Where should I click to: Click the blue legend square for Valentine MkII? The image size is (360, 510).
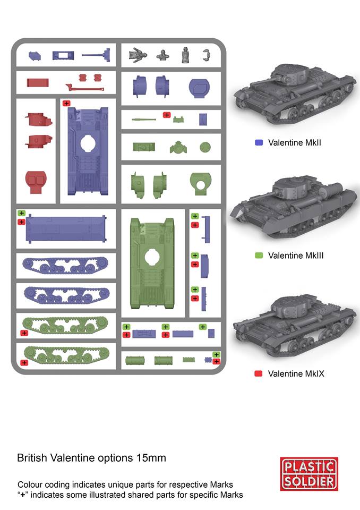pos(259,142)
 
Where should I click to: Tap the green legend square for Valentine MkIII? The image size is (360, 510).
pos(259,256)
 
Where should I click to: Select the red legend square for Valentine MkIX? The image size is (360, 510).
pos(259,373)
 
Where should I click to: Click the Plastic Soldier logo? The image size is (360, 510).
pos(309,473)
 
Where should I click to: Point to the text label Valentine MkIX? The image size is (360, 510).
pos(296,373)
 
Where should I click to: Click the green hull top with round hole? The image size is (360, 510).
pos(152,263)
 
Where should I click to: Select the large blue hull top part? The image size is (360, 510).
pos(88,151)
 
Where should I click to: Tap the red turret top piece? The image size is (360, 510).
pos(36,182)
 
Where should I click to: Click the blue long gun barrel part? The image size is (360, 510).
pos(96,55)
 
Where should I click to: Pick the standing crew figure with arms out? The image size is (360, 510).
pos(138,55)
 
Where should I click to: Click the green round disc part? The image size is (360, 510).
pos(205,147)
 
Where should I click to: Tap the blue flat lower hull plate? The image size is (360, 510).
pos(66,229)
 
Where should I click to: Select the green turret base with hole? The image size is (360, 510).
pos(201,184)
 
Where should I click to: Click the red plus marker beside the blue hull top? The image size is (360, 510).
pos(66,104)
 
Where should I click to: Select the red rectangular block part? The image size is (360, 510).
pos(38,83)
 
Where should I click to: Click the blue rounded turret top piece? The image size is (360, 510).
pos(199,88)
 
